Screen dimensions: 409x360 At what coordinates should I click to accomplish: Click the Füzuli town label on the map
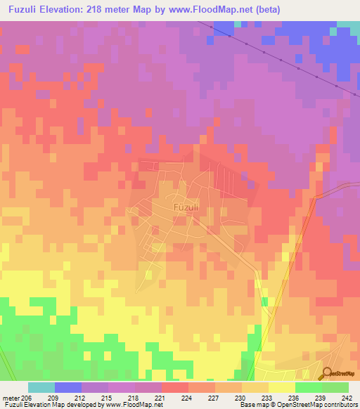185,208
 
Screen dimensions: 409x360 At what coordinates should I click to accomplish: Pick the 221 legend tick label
160,397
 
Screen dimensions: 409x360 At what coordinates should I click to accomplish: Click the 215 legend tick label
107,397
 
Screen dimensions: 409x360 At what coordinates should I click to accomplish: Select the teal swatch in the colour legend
41,387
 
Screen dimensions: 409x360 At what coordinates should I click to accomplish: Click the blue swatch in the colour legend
67,387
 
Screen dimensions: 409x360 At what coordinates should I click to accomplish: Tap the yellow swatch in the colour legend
282,387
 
